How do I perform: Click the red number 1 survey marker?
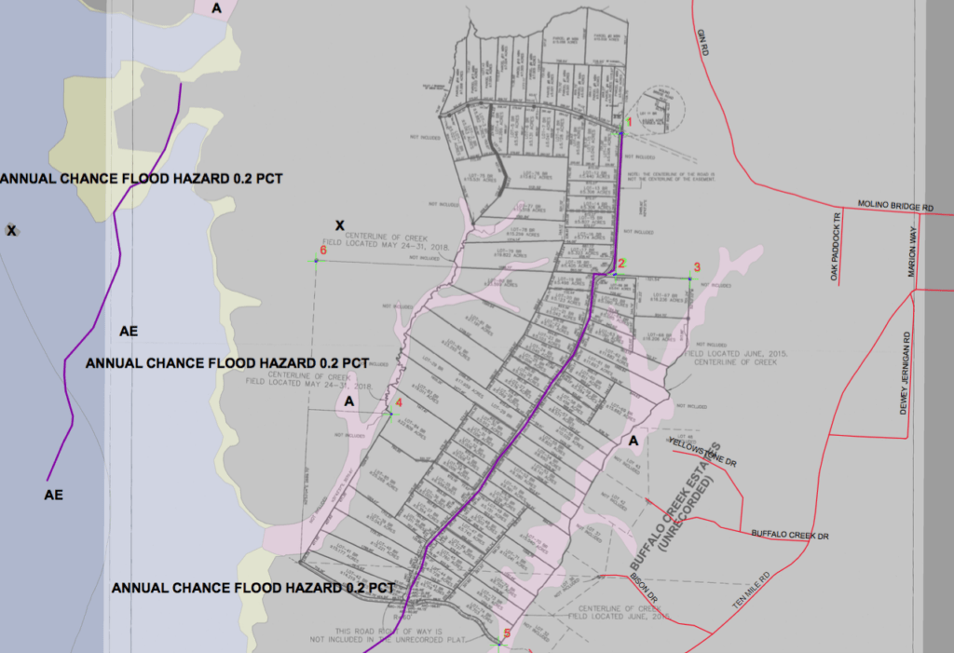pos(628,122)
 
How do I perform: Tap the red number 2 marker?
pos(621,264)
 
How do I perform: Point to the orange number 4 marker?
pos(398,402)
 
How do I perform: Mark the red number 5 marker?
pos(507,634)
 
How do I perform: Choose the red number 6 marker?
pos(323,251)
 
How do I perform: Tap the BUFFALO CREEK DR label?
pos(790,535)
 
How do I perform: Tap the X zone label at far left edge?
pos(11,230)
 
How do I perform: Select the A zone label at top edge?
pos(217,7)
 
